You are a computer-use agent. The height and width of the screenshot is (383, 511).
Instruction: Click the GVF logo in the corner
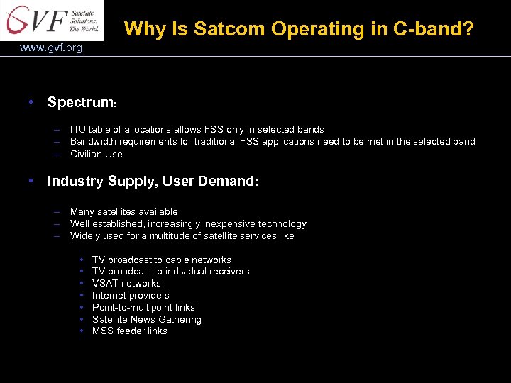(x=51, y=21)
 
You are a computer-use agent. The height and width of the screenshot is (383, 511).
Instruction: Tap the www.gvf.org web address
(x=51, y=48)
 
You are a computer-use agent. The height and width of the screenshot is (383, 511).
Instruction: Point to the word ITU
(x=78, y=129)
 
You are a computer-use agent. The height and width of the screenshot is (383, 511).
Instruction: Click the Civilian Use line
(x=96, y=154)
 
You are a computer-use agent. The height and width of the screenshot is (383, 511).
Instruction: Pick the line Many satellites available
(x=123, y=211)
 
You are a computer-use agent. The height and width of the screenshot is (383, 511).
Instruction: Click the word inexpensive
(x=229, y=223)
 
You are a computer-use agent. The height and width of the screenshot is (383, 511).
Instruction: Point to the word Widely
(x=85, y=235)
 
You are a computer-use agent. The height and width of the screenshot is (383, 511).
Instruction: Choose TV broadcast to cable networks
(x=161, y=260)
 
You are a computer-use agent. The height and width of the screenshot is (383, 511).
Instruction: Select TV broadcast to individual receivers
(x=170, y=271)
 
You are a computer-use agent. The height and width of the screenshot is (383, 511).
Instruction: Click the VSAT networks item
(x=126, y=283)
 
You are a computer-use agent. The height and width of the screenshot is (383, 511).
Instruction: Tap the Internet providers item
(x=131, y=295)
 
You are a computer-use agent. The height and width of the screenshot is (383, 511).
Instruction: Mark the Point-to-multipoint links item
(x=143, y=307)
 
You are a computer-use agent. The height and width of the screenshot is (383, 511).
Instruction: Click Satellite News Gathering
(x=146, y=319)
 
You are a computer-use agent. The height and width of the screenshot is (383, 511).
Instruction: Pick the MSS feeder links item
(x=129, y=331)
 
